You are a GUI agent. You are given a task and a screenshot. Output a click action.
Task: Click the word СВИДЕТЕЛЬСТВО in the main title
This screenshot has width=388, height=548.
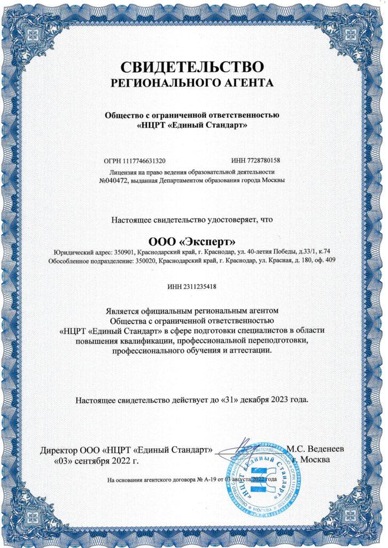(192, 67)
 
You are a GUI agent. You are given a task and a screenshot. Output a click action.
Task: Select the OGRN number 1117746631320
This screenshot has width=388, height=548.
(144, 161)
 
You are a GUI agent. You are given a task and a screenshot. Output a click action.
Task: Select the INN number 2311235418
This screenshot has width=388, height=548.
(201, 287)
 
